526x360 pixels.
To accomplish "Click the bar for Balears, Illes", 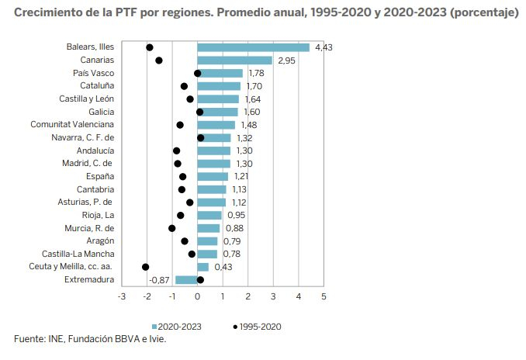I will click(x=253, y=47).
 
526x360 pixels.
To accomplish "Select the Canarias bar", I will click(x=234, y=61).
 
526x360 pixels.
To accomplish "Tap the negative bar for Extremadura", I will click(x=186, y=280).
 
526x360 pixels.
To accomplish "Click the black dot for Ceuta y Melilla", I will click(x=146, y=267).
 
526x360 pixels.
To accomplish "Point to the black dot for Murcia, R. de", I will click(x=172, y=228).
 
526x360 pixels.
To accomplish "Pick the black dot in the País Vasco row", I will click(x=198, y=74).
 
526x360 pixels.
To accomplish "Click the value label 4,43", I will click(x=324, y=48).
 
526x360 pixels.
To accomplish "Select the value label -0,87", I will click(x=160, y=280).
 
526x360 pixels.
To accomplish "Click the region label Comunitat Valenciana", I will click(x=72, y=125).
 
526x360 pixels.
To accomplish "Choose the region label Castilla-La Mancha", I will click(x=78, y=254).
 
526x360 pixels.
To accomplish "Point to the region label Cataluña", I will click(x=97, y=86).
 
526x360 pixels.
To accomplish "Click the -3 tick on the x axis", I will click(x=121, y=296).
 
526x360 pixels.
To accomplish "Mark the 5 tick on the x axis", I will click(x=324, y=296).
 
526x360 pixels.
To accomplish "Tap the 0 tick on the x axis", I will click(x=197, y=296).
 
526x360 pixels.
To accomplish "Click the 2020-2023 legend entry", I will click(x=179, y=326).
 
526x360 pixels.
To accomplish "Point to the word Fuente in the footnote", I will click(x=29, y=339).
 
